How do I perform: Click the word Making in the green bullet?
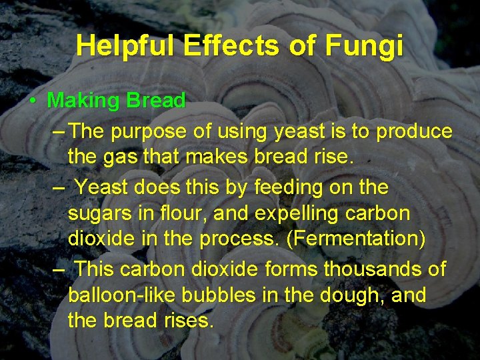83,101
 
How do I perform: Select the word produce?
413,132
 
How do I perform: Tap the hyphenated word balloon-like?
125,295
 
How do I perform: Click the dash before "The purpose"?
58,132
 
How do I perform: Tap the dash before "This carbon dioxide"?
58,269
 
